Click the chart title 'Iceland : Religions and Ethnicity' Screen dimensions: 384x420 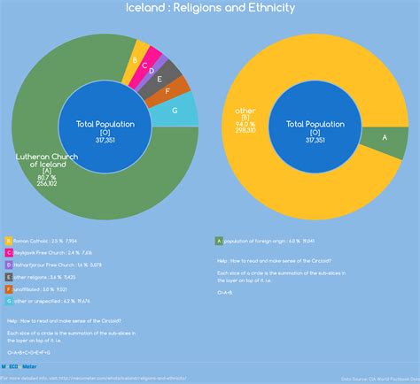click(x=210, y=8)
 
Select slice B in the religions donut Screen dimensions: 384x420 click(x=135, y=59)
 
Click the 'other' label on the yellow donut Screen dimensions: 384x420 click(x=245, y=111)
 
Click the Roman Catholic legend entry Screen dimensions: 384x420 click(x=40, y=241)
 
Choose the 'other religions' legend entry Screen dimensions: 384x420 click(x=40, y=277)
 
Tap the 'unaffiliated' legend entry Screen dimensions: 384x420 click(x=35, y=288)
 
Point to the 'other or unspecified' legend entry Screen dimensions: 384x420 click(x=44, y=301)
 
